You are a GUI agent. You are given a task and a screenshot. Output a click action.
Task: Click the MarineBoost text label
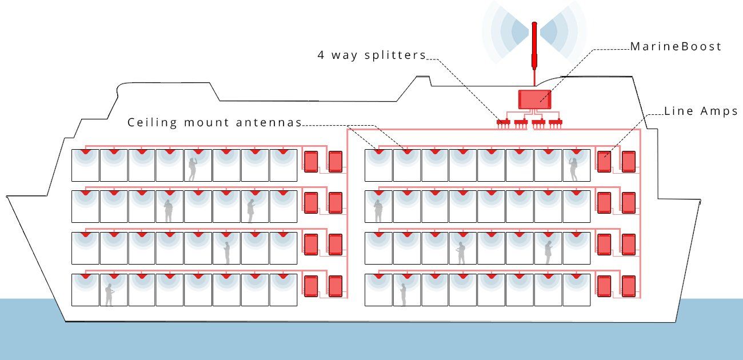click(x=676, y=46)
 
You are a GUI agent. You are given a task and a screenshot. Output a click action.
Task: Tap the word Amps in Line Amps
click(x=720, y=111)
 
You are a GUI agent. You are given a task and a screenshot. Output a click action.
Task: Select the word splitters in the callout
click(x=395, y=55)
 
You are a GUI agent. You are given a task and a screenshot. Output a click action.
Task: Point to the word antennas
click(x=269, y=122)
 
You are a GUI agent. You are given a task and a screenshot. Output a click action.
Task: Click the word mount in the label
click(x=206, y=123)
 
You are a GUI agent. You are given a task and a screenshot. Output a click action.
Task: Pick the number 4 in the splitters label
click(x=321, y=55)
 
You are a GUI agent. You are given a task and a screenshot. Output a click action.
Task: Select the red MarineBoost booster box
click(x=535, y=99)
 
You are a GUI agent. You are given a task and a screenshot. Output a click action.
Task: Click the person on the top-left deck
click(x=193, y=169)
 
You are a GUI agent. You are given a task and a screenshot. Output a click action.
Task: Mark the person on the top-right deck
click(x=573, y=169)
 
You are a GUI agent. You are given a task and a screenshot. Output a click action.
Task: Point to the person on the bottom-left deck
click(x=109, y=295)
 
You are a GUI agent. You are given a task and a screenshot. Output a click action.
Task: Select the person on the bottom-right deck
click(x=403, y=295)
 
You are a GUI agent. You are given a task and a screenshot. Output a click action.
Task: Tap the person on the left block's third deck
click(x=227, y=253)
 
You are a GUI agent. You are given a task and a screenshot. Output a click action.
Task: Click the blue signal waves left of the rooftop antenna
click(x=505, y=32)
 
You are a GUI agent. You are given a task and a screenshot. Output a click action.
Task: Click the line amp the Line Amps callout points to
click(x=604, y=162)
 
